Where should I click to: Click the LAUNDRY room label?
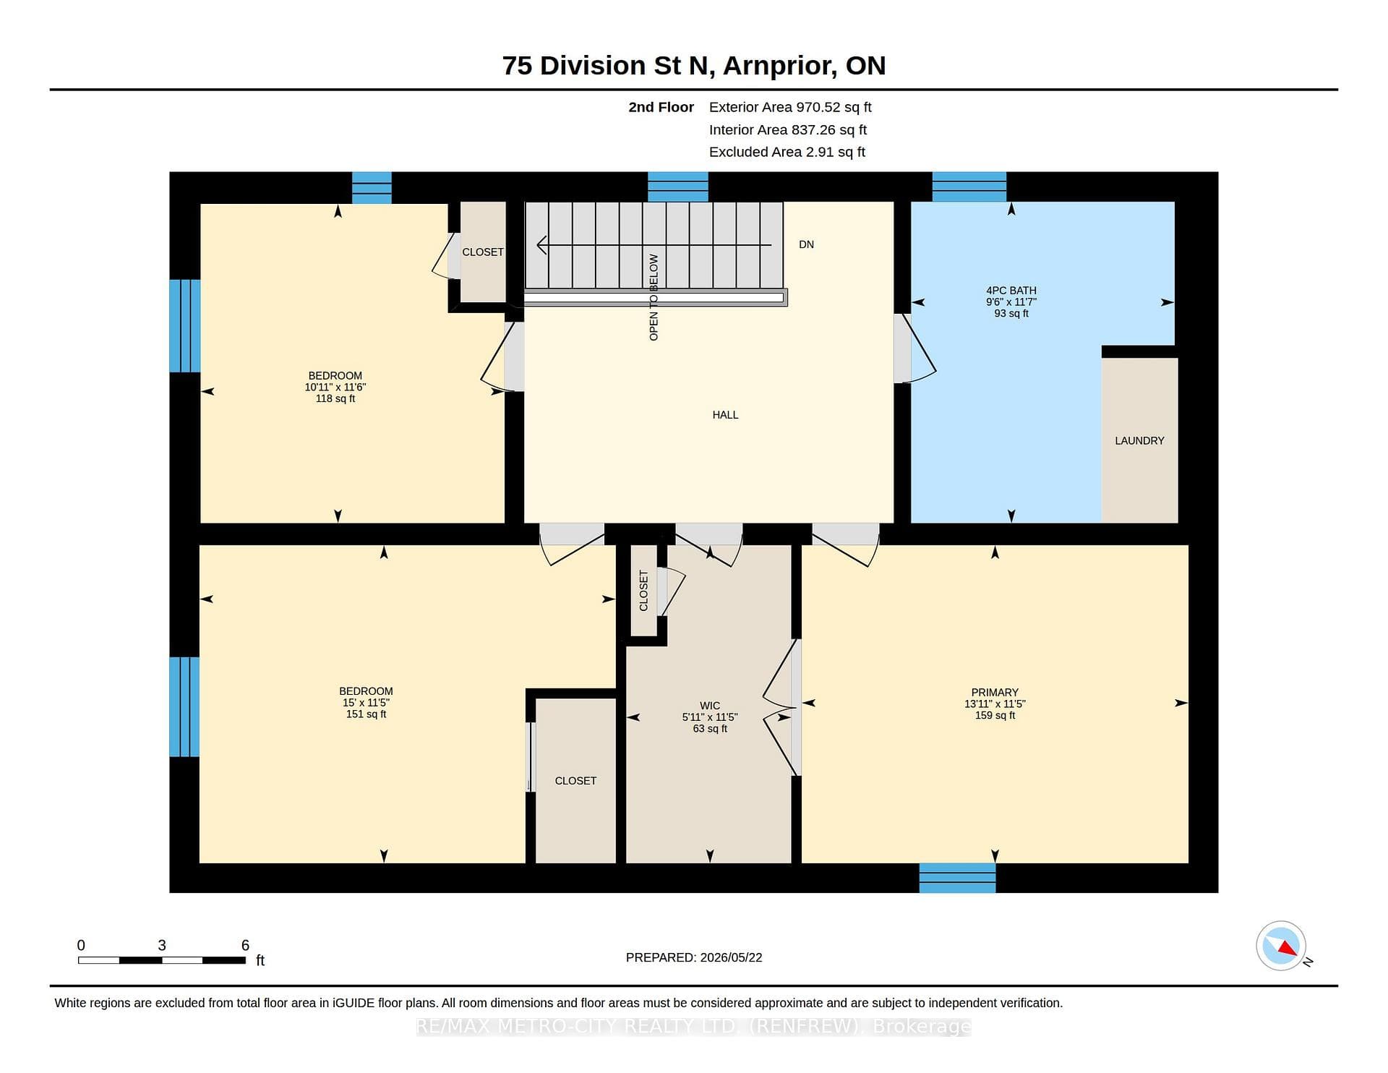(x=1139, y=440)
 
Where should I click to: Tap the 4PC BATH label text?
(x=1011, y=291)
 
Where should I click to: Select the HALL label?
(x=725, y=414)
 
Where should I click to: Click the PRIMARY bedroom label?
(x=995, y=692)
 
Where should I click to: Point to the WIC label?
(x=710, y=706)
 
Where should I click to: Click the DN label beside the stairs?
(x=806, y=244)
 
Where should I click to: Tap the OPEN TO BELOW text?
(x=654, y=297)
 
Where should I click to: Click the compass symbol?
(x=1281, y=946)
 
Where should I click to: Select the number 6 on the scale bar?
(x=245, y=945)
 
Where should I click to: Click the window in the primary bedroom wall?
(x=957, y=878)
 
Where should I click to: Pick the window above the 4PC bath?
(x=969, y=187)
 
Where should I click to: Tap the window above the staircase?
(x=678, y=187)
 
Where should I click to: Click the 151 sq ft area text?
(x=366, y=714)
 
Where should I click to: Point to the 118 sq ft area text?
(x=335, y=398)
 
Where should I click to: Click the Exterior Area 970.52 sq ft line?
(x=790, y=107)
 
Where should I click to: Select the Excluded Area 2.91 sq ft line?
(x=787, y=152)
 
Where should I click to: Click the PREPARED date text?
(x=694, y=957)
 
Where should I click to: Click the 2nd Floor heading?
(x=661, y=107)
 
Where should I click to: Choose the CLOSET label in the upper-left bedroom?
(x=483, y=252)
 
